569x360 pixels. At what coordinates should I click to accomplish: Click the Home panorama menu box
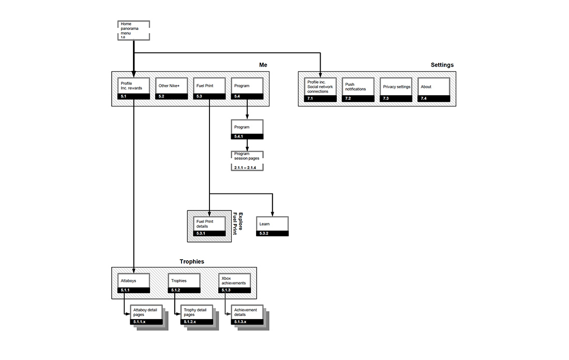[x=133, y=31]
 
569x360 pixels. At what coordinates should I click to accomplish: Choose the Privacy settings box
[x=397, y=88]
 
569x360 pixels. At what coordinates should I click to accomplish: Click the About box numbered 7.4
[x=434, y=88]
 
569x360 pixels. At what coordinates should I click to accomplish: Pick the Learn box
[x=272, y=227]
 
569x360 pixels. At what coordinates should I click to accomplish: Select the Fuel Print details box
[x=210, y=227]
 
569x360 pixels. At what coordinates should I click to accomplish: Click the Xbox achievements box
[x=235, y=283]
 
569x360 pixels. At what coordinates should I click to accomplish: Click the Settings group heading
[x=442, y=65]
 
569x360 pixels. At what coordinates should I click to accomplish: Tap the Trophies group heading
[x=191, y=262]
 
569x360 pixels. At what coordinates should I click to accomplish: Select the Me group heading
[x=263, y=65]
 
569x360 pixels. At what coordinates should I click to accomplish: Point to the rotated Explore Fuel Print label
[x=237, y=223]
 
